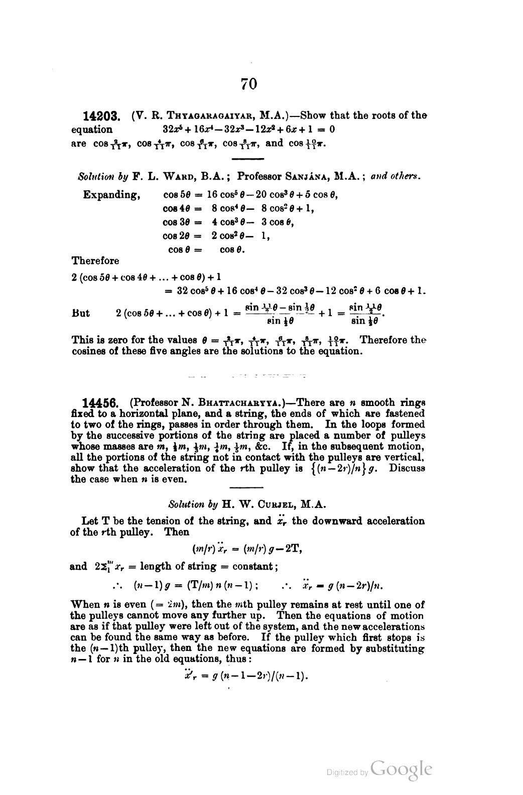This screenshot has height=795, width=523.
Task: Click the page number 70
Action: pyautogui.click(x=248, y=83)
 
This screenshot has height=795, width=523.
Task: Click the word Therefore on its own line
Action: pyautogui.click(x=95, y=261)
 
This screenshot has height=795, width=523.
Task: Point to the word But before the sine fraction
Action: pyautogui.click(x=81, y=313)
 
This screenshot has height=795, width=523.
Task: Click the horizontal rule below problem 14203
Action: pyautogui.click(x=246, y=159)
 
